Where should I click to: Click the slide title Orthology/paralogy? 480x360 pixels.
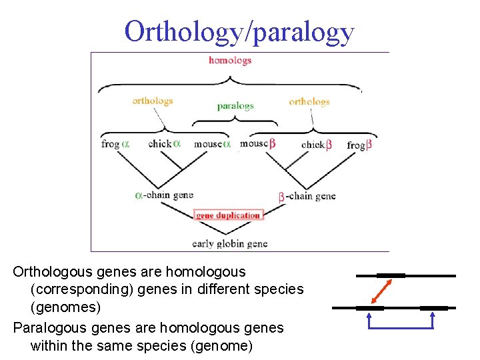coord(239,31)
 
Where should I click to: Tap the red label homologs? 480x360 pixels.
coord(230,60)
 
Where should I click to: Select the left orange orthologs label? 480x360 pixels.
coord(153,101)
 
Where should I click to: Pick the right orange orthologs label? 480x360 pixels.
coord(309,102)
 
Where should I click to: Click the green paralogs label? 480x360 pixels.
coord(235,106)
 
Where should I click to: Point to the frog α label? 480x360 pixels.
coord(115,144)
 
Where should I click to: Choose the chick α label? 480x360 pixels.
coord(164,144)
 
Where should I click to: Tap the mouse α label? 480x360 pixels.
coord(212,144)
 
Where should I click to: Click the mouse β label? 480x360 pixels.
coord(258,143)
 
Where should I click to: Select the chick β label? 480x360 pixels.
coord(316,145)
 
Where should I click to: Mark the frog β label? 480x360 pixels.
coord(359,145)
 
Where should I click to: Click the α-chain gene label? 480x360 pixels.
coord(164,195)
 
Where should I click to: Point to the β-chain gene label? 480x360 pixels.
coord(307,196)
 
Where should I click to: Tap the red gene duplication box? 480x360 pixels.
coord(229,215)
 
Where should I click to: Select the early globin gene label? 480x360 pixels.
coord(229,243)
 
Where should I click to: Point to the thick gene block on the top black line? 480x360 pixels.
coord(391,275)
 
